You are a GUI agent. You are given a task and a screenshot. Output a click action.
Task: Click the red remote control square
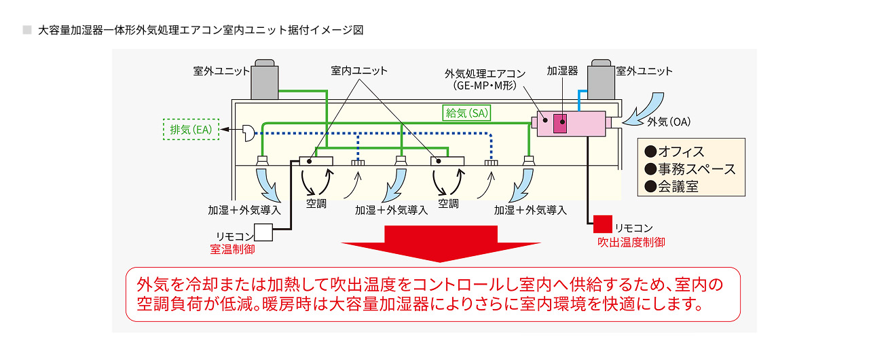[x=602, y=223]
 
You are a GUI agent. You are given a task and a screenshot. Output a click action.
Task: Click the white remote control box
[x=263, y=233]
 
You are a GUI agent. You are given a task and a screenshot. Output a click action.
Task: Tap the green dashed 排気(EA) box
[x=191, y=129]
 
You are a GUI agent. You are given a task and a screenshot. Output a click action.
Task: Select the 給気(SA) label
[x=466, y=113]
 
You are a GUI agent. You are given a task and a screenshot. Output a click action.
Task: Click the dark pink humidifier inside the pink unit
[x=560, y=124]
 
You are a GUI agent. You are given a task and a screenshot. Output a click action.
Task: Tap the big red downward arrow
[x=441, y=242]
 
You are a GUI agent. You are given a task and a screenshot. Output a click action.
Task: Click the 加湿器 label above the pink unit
[x=562, y=71]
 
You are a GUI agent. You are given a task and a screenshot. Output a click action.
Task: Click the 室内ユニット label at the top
[x=359, y=71]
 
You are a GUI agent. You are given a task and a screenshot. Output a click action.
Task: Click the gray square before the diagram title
[x=27, y=30]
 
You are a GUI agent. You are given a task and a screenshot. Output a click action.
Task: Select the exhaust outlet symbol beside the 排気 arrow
[x=248, y=134]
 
